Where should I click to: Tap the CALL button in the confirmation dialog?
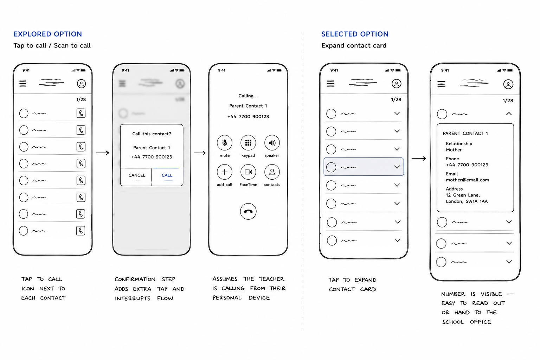167,175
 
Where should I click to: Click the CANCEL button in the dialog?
136,175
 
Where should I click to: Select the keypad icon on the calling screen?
248,143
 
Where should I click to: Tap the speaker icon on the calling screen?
272,143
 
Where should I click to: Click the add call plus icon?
224,172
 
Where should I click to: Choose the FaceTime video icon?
248,172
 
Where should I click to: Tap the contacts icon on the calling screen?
272,172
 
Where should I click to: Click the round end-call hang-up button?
248,212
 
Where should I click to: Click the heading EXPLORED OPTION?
48,34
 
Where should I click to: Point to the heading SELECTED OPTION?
355,34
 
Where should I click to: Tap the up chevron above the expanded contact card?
509,114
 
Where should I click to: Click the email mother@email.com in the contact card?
468,180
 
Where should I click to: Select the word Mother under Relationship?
454,150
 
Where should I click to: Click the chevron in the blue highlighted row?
397,167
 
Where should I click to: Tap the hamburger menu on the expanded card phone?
442,84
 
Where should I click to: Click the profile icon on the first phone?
82,84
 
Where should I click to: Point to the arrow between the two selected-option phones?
419,159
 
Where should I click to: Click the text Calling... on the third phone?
248,96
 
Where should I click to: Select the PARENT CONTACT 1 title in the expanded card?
465,133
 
